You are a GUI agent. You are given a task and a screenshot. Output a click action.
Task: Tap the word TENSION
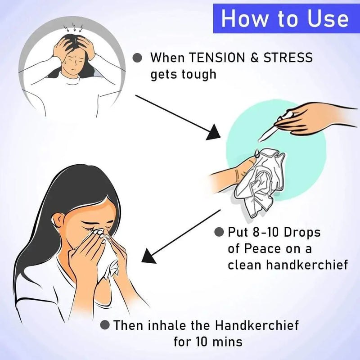pos(217,58)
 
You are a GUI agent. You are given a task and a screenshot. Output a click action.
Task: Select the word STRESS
pos(288,58)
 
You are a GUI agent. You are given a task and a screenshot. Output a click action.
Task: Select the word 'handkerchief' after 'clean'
pos(307,265)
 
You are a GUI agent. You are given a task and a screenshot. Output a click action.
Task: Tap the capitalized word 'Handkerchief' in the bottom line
pos(257,325)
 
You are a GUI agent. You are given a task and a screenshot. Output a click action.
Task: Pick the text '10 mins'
pos(219,342)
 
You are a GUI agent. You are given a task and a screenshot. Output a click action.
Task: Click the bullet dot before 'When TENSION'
pos(137,58)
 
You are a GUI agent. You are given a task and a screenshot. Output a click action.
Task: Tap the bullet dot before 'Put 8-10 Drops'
pos(219,232)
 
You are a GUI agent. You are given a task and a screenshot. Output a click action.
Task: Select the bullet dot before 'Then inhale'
pos(105,325)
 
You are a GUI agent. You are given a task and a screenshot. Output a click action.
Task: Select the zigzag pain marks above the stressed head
pos(73,27)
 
